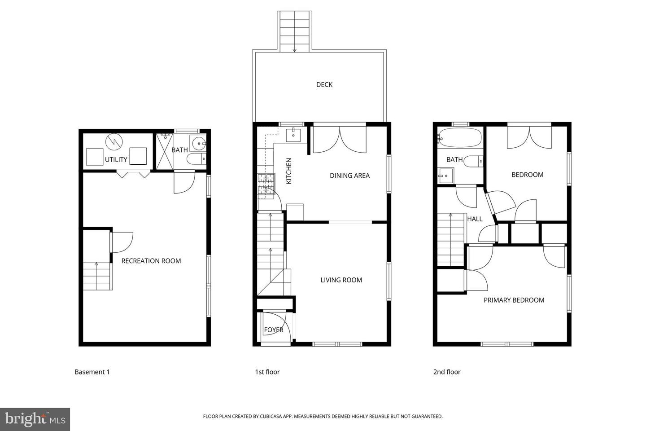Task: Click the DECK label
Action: (x=324, y=84)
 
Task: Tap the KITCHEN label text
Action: (x=289, y=171)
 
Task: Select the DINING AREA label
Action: (x=349, y=176)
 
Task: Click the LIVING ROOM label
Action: (x=341, y=280)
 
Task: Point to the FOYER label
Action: (x=273, y=330)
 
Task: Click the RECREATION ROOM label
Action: (x=151, y=261)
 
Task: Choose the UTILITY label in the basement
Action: (x=116, y=159)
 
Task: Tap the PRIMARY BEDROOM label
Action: (x=514, y=300)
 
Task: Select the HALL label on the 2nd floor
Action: (x=475, y=219)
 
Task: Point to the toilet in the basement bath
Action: (x=196, y=159)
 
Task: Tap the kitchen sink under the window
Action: (x=295, y=133)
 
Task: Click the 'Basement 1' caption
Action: (x=92, y=372)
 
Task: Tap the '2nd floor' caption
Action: (x=447, y=372)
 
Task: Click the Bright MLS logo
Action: (x=35, y=419)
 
